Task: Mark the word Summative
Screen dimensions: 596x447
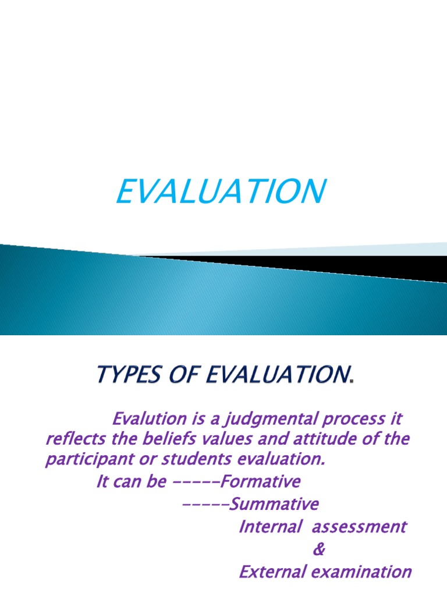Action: coord(274,504)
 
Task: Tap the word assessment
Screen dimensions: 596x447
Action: coord(359,527)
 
